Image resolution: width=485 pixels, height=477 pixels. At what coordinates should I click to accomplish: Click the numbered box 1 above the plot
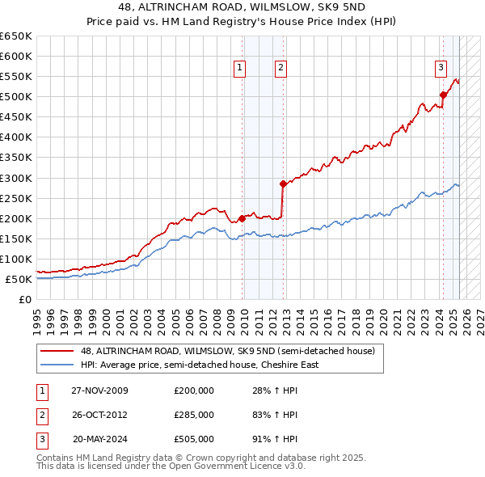tap(241, 68)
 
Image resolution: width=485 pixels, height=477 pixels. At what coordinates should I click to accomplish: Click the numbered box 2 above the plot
tap(280, 68)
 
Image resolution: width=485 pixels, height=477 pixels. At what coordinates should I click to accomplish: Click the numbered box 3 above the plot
tap(441, 68)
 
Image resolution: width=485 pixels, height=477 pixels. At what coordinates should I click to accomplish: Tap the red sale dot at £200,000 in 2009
tap(242, 218)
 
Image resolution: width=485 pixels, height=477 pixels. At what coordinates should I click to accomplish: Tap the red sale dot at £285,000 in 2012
tap(283, 184)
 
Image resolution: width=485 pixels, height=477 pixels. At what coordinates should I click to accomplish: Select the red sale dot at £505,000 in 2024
tap(443, 95)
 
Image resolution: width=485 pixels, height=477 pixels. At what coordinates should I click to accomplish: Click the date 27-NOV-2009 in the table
tap(100, 390)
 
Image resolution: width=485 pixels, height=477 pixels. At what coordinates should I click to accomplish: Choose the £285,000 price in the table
tap(194, 415)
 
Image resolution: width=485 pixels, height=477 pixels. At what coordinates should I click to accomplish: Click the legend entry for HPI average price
tap(200, 365)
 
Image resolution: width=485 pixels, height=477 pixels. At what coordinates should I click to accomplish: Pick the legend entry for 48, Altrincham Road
tap(227, 352)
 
